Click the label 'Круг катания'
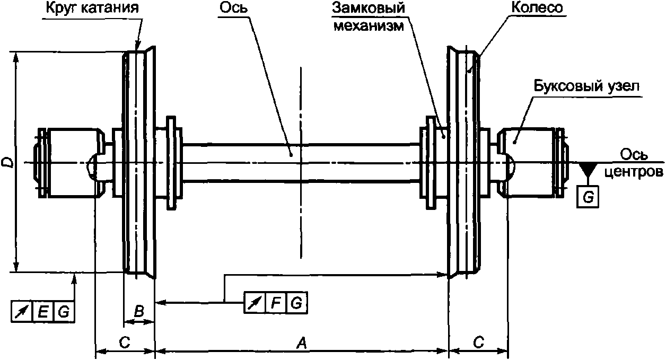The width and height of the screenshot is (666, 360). point(92,8)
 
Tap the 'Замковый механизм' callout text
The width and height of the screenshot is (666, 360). point(369,17)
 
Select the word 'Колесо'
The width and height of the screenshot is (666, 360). point(537,7)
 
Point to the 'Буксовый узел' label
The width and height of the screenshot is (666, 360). point(586,86)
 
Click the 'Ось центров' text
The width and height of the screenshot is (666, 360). point(634,163)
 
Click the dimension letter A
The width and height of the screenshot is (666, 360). point(301,344)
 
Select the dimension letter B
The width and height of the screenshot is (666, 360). point(139,312)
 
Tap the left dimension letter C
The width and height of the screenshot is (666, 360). point(125,343)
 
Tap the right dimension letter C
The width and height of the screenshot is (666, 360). point(478,343)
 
